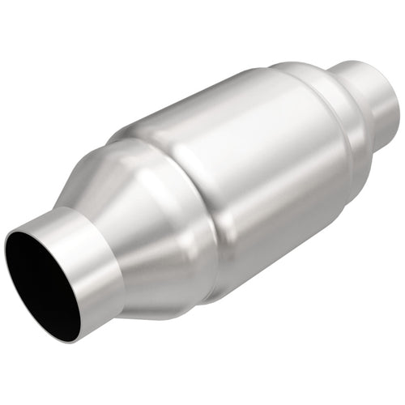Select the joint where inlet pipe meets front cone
click(113, 243)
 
